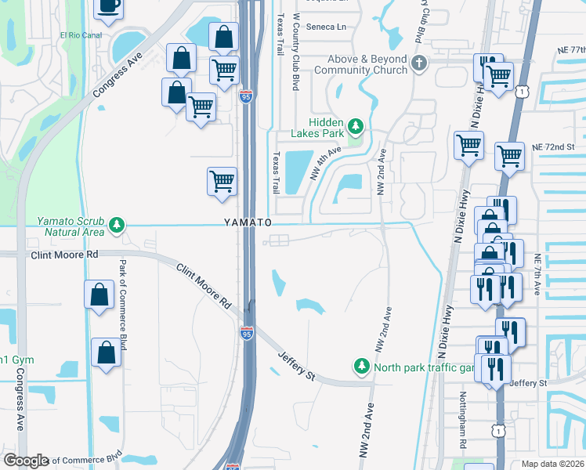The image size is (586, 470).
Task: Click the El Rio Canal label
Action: (81, 35)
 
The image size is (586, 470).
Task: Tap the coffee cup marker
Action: (107, 7)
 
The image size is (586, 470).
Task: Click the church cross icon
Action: (419, 63)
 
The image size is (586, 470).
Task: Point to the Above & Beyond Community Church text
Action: (361, 63)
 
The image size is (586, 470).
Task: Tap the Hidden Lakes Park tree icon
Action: (356, 125)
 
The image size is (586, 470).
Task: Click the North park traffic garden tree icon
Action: (361, 366)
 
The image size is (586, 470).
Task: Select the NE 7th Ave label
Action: (537, 274)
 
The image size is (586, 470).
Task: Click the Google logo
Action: (25, 461)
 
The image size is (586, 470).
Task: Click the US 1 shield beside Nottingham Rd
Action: (497, 430)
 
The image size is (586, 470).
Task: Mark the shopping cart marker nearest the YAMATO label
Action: (222, 181)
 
